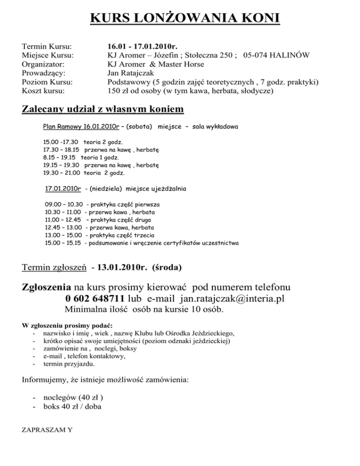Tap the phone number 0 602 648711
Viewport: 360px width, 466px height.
click(x=102, y=299)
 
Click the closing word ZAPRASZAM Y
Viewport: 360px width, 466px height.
click(x=46, y=430)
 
